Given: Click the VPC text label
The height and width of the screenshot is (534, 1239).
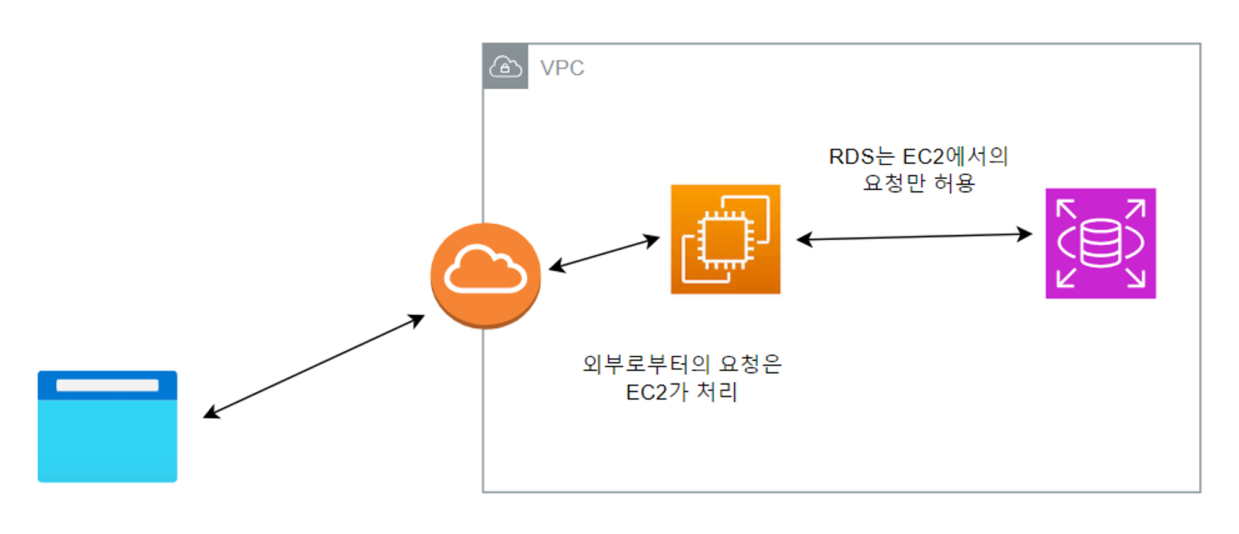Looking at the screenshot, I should [x=562, y=68].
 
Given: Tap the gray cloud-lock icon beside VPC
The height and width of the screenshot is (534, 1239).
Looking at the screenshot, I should [x=505, y=66].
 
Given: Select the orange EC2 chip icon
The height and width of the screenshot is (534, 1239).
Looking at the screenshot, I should [x=725, y=239].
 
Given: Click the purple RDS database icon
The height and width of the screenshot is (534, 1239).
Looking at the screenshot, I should [x=1100, y=243].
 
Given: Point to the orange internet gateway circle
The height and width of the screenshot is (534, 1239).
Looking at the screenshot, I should [x=486, y=275].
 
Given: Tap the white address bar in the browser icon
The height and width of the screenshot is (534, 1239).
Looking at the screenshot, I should [x=107, y=385].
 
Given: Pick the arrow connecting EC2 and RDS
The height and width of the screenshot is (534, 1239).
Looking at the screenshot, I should [x=914, y=236].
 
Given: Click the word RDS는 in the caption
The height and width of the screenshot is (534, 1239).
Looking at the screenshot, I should [x=861, y=156].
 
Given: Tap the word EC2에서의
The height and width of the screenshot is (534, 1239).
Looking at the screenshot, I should [x=955, y=156].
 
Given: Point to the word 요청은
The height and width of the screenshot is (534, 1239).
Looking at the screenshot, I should [x=750, y=364].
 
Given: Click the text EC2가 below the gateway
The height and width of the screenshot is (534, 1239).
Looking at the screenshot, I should [x=657, y=392].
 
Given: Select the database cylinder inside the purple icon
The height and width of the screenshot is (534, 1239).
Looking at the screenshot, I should [x=1100, y=243].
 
